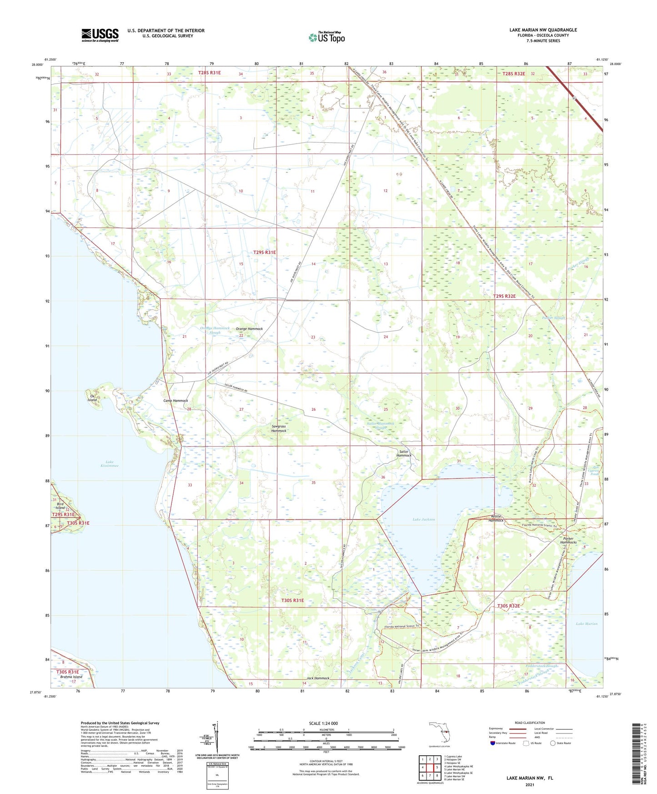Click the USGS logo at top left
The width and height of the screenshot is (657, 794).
100,35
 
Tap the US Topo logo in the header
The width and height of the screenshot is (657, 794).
326,38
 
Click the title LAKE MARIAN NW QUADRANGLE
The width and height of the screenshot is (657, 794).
543,30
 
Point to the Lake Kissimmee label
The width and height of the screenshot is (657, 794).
109,464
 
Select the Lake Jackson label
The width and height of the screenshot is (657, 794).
424,519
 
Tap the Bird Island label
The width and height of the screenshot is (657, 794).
60,506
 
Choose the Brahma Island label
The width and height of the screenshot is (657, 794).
71,677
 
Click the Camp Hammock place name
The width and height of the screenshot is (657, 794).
176,401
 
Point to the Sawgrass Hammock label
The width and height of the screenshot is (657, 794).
279,428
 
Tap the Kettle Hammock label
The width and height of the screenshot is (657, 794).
497,518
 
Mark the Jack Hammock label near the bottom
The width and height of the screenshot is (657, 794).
318,678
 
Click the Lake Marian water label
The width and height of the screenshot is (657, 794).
587,624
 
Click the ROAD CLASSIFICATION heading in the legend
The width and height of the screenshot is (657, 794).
530,723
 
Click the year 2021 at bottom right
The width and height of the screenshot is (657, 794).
529,785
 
